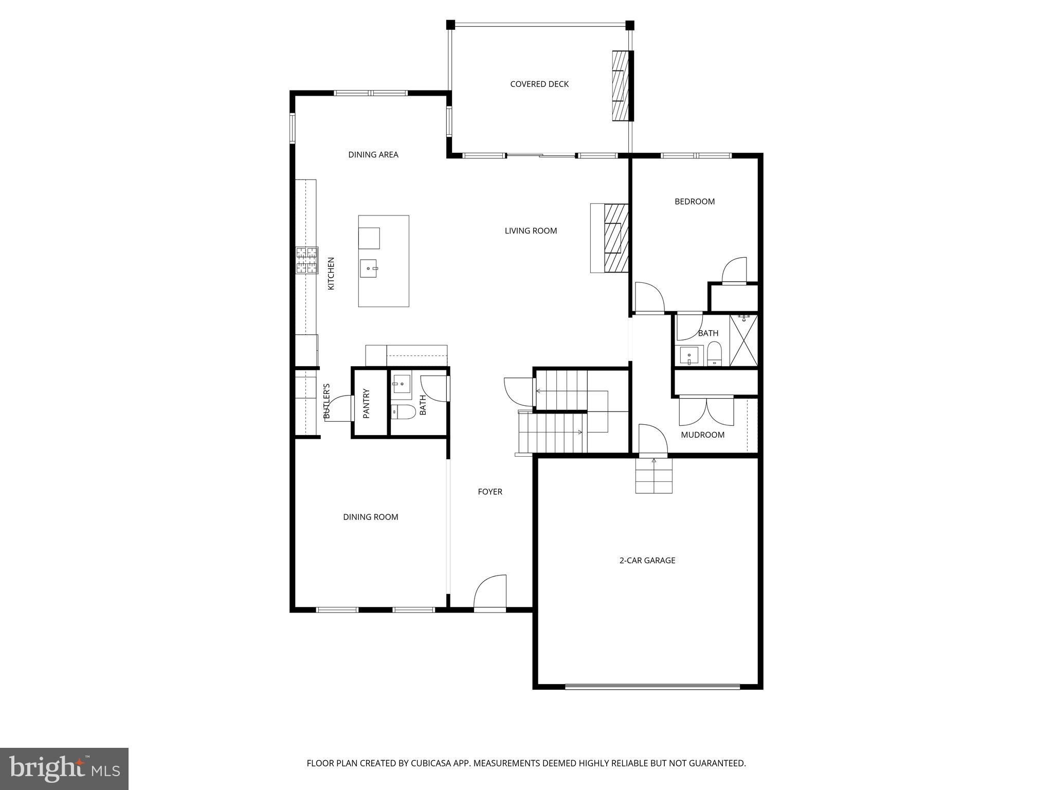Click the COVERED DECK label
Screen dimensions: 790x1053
point(539,84)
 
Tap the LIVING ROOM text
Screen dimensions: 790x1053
point(531,231)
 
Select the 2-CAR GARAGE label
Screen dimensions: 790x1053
point(647,561)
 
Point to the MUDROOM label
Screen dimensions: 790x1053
point(702,435)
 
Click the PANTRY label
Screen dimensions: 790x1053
point(367,403)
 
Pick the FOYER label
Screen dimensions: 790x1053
point(489,492)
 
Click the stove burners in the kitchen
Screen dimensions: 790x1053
point(306,260)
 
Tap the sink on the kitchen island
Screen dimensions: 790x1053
point(369,268)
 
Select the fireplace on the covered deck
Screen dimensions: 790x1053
point(621,86)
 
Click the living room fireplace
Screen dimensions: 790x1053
point(616,238)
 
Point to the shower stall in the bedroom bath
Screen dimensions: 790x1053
point(743,341)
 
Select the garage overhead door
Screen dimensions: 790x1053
point(652,686)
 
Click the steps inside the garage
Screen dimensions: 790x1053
point(653,476)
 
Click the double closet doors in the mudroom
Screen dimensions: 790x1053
point(706,410)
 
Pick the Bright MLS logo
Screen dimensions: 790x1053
point(64,768)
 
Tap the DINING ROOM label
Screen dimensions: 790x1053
point(370,517)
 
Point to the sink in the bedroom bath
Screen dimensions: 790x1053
point(688,355)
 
